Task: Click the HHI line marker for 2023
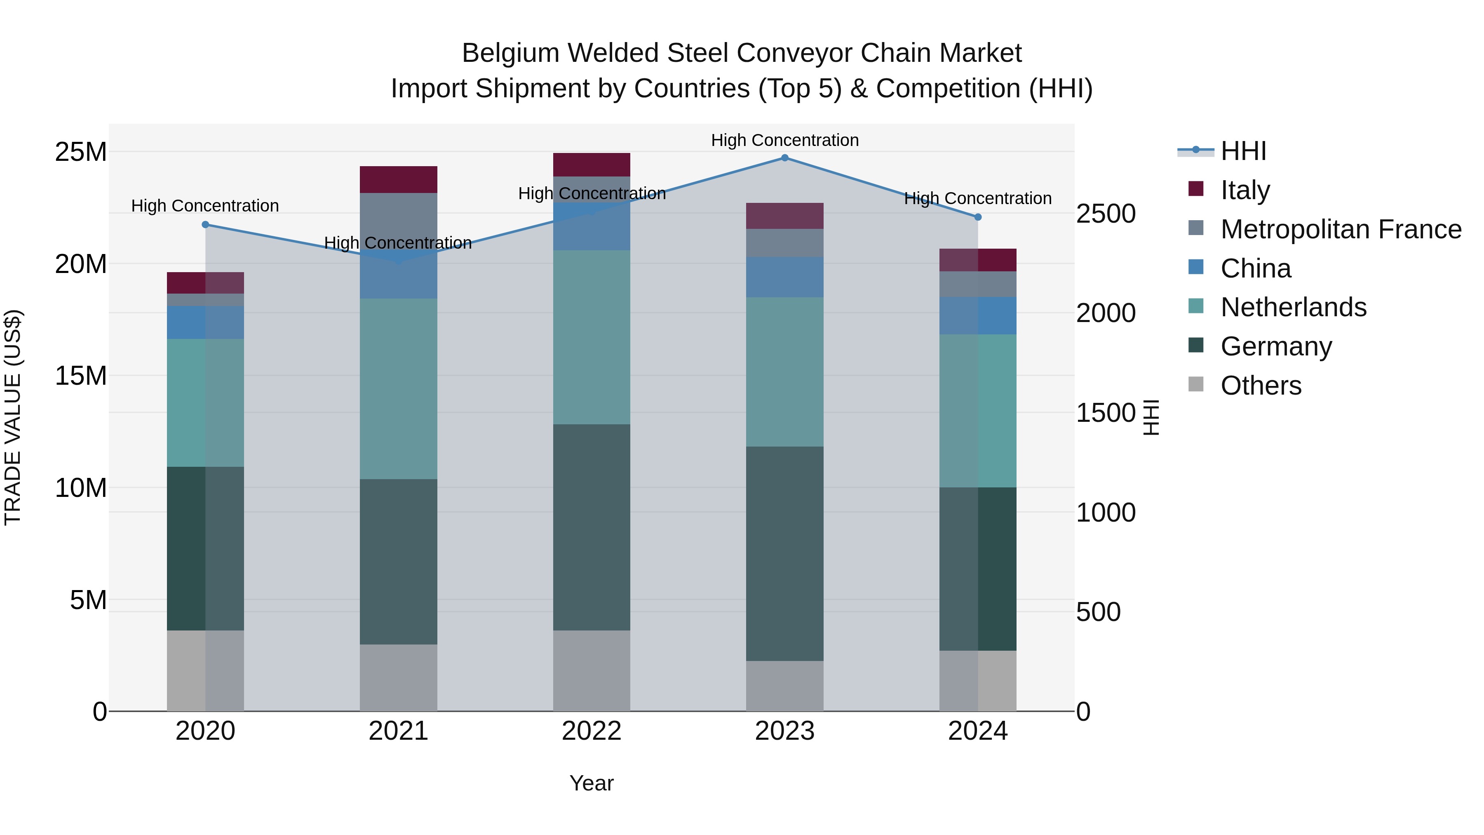pos(784,158)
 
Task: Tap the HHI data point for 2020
pos(206,225)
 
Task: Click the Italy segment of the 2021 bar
pos(398,179)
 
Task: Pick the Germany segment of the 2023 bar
pos(784,553)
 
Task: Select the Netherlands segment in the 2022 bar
pos(592,337)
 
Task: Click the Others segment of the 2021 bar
pos(398,677)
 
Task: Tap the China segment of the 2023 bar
pos(784,277)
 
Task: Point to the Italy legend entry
pos(1244,190)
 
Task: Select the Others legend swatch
pos(1196,384)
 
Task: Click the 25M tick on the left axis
pos(81,152)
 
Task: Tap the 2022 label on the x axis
pos(592,731)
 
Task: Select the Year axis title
pos(592,783)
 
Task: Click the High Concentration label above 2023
pos(784,140)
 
